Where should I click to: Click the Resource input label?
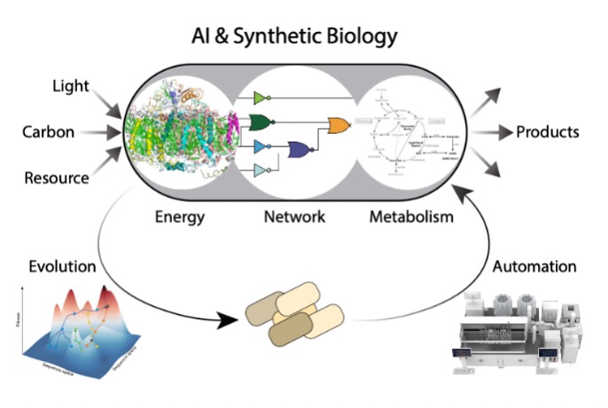tap(57, 177)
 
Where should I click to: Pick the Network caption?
tap(296, 216)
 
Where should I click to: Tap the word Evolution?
tap(62, 267)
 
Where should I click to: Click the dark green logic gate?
tap(262, 122)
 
